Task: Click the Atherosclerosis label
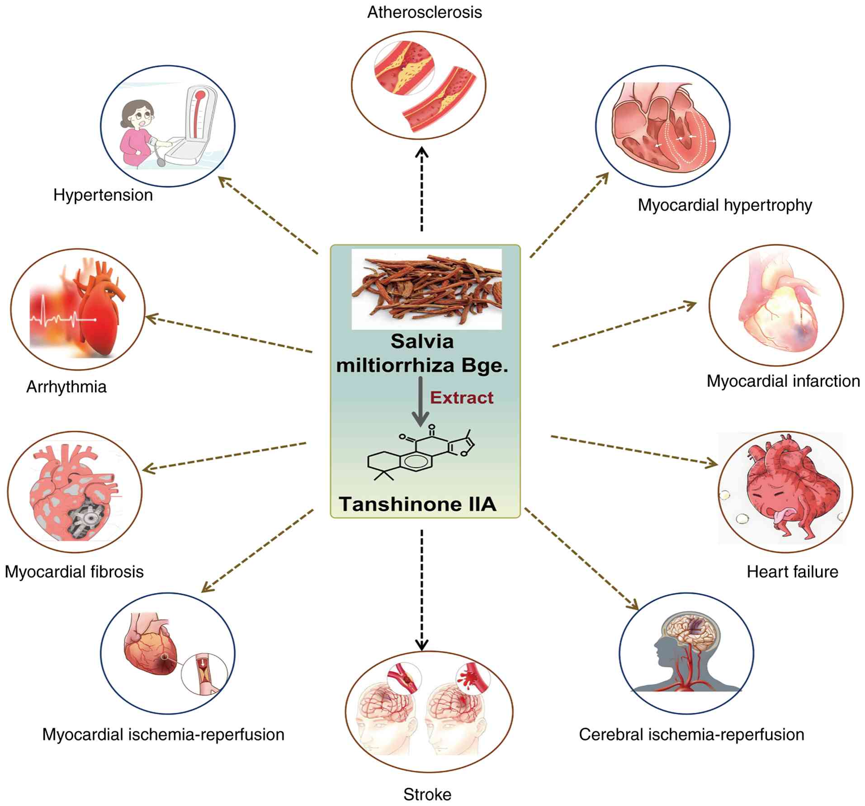pyautogui.click(x=424, y=12)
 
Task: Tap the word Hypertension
pyautogui.click(x=103, y=195)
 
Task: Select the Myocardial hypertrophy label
pyautogui.click(x=724, y=205)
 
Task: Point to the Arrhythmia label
pyautogui.click(x=66, y=387)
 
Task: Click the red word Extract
pyautogui.click(x=461, y=398)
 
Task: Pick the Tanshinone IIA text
pyautogui.click(x=417, y=504)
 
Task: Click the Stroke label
pyautogui.click(x=427, y=794)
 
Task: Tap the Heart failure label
pyautogui.click(x=792, y=572)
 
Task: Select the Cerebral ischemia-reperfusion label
pyautogui.click(x=691, y=735)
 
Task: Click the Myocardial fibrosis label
pyautogui.click(x=74, y=572)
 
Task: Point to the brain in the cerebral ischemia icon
pyautogui.click(x=689, y=633)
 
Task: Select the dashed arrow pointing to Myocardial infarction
pyautogui.click(x=624, y=324)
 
